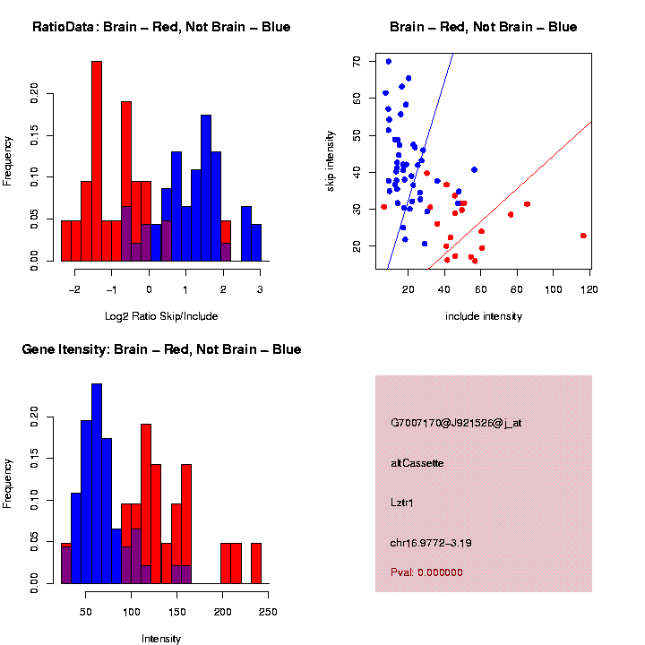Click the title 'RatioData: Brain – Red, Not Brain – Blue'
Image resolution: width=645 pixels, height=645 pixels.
161,27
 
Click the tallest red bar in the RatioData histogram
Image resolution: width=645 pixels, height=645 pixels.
97,161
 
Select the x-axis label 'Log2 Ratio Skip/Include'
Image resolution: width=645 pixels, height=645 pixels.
161,315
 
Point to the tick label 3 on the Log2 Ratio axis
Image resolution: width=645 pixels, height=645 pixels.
260,289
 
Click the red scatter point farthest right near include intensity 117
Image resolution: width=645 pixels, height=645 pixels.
583,236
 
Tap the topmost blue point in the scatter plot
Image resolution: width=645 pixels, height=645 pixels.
388,62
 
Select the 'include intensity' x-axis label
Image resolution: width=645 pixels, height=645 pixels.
484,315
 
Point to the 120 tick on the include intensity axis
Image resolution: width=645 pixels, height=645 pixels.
589,289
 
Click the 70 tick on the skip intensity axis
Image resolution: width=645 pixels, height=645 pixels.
357,61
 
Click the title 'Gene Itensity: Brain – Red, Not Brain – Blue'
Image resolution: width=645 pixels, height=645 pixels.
161,349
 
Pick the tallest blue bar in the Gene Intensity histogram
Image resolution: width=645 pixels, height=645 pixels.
97,484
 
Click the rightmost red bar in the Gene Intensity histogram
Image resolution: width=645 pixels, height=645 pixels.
255,563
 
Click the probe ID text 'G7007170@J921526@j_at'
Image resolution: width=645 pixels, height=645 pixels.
456,423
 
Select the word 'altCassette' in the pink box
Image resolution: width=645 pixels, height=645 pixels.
417,463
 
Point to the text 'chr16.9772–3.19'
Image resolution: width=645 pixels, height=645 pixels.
431,543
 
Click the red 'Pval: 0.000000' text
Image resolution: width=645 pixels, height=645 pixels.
426,572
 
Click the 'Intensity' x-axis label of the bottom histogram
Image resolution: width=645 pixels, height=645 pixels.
161,639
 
